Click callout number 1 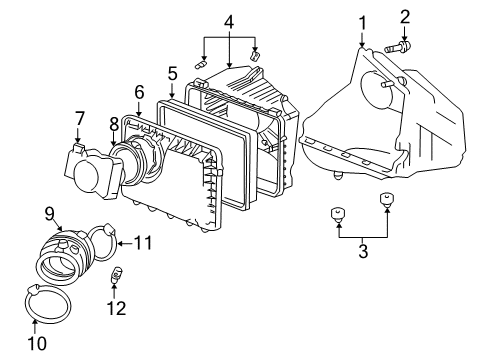pyautogui.click(x=363, y=21)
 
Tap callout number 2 pyautogui.click(x=405, y=16)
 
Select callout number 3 pyautogui.click(x=362, y=251)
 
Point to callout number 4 pyautogui.click(x=229, y=21)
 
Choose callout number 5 pyautogui.click(x=172, y=73)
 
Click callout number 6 pyautogui.click(x=139, y=91)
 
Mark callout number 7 pyautogui.click(x=80, y=119)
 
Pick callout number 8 pyautogui.click(x=114, y=124)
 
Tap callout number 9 pyautogui.click(x=48, y=212)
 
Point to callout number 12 pyautogui.click(x=117, y=308)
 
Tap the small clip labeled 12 pyautogui.click(x=117, y=273)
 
